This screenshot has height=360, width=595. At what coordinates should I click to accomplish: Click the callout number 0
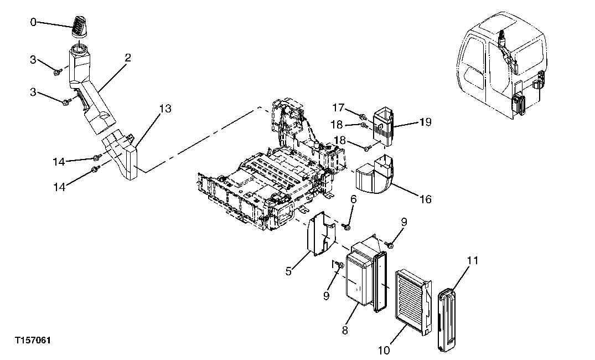click(x=33, y=22)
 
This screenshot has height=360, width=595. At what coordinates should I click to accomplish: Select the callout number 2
click(x=128, y=57)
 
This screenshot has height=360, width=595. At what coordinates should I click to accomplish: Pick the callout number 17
click(x=339, y=106)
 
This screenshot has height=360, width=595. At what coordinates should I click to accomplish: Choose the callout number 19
click(x=425, y=121)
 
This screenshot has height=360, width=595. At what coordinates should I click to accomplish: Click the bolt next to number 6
click(x=347, y=226)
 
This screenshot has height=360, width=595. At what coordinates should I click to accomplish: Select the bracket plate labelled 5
click(x=321, y=235)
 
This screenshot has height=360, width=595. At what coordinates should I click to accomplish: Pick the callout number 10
click(x=384, y=349)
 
